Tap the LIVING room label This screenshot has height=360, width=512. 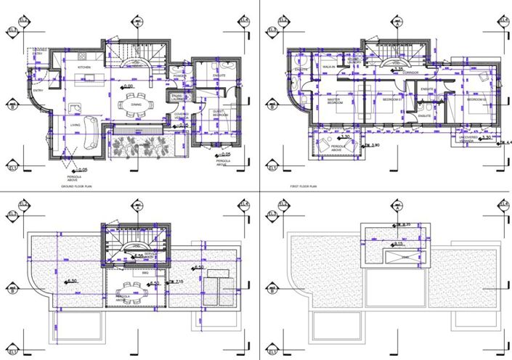click(75, 125)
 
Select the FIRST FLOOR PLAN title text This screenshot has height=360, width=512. click(305, 187)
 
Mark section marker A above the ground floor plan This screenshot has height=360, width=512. click(136, 21)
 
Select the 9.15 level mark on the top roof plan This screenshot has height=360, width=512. click(400, 244)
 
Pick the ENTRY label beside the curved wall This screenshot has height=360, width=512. click(38, 91)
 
